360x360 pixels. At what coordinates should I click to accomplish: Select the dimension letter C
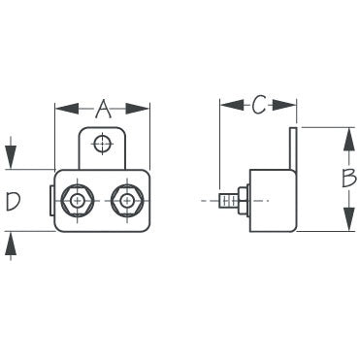(258, 105)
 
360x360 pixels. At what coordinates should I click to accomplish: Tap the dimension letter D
(13, 202)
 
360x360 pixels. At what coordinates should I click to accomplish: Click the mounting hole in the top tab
(100, 145)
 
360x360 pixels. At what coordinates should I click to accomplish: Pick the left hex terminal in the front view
(75, 201)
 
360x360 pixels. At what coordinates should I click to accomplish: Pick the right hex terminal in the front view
(125, 201)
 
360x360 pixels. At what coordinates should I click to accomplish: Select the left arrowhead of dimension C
(225, 105)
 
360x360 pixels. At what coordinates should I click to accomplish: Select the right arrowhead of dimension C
(290, 105)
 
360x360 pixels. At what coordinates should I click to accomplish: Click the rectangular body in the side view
(272, 201)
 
